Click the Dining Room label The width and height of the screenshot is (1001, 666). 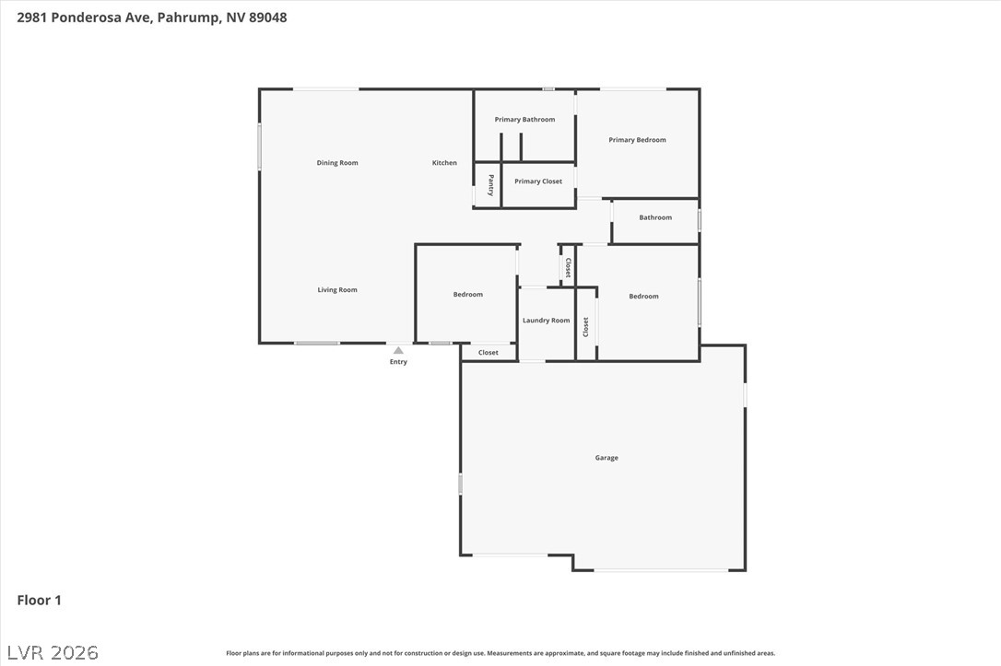[337, 163]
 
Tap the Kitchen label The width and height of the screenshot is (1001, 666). [444, 163]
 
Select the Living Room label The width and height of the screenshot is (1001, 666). [337, 289]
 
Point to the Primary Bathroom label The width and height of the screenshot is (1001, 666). [524, 120]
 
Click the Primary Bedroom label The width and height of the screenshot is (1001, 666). [637, 140]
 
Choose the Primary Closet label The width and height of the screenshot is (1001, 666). [538, 181]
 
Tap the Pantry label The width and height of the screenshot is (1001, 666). [491, 185]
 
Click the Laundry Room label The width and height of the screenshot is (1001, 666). [546, 321]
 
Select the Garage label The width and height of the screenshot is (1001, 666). [606, 458]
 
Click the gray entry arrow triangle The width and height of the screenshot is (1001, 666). [398, 350]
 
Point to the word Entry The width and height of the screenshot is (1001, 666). [398, 362]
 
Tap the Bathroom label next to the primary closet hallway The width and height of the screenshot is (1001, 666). [655, 217]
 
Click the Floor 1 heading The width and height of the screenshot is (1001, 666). [39, 600]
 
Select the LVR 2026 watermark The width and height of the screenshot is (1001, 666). [53, 652]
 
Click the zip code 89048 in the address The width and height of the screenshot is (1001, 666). [267, 18]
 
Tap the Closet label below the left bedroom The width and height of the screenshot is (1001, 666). [489, 352]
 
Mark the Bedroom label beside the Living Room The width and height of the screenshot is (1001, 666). [468, 294]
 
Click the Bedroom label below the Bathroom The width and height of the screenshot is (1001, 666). [643, 296]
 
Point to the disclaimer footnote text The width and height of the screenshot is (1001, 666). [500, 653]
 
